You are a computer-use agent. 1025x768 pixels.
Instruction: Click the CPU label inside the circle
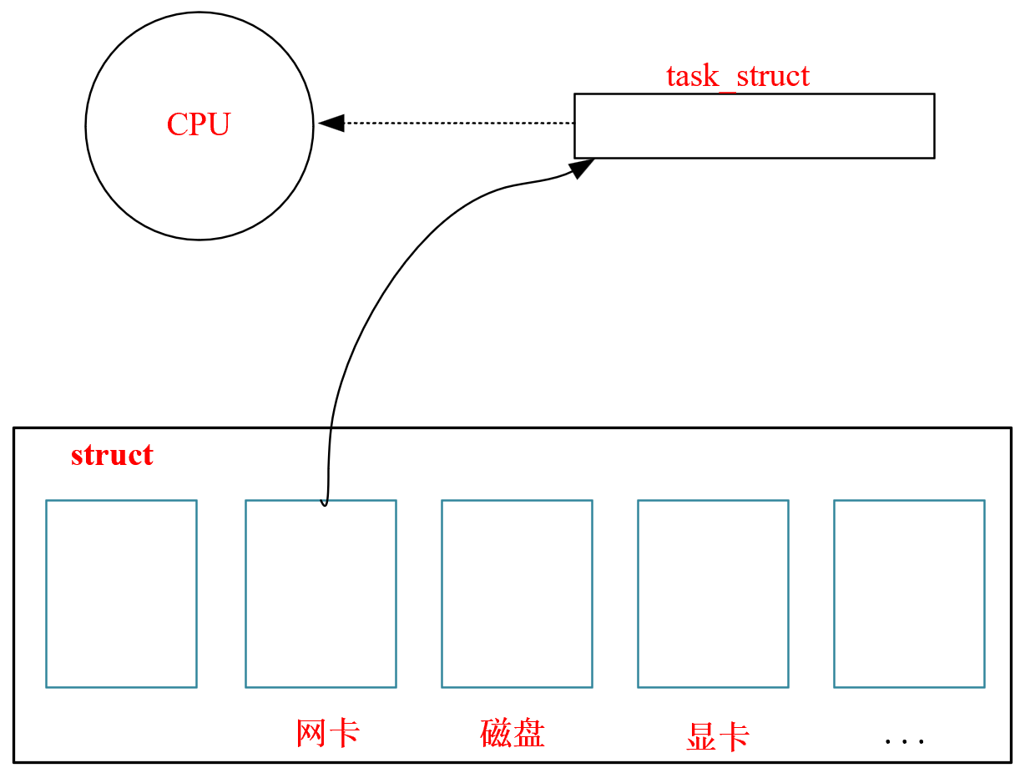[x=198, y=125]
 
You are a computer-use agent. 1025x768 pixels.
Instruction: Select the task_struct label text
[x=738, y=76]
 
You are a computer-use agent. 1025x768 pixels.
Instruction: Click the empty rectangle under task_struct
[x=754, y=125]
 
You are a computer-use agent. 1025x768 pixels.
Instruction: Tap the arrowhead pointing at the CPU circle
[x=331, y=123]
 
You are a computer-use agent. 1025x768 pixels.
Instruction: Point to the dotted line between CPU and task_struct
[x=459, y=123]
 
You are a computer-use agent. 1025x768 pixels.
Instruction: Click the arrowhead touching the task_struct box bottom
[x=583, y=167]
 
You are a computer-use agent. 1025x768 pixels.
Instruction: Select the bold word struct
[x=112, y=456]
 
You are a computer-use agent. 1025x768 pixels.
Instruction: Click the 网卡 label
[x=328, y=733]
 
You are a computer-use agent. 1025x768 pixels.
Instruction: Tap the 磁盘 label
[x=512, y=733]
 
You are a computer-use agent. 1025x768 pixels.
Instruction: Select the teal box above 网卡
[x=321, y=594]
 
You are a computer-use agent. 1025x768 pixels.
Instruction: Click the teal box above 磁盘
[x=517, y=594]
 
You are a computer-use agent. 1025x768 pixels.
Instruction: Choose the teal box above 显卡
[x=713, y=594]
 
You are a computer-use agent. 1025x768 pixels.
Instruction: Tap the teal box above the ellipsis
[x=909, y=594]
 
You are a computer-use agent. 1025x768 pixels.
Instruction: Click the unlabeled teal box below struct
[x=121, y=594]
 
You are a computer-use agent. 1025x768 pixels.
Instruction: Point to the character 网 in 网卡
[x=311, y=733]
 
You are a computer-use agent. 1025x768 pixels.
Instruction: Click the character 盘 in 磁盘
[x=529, y=733]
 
